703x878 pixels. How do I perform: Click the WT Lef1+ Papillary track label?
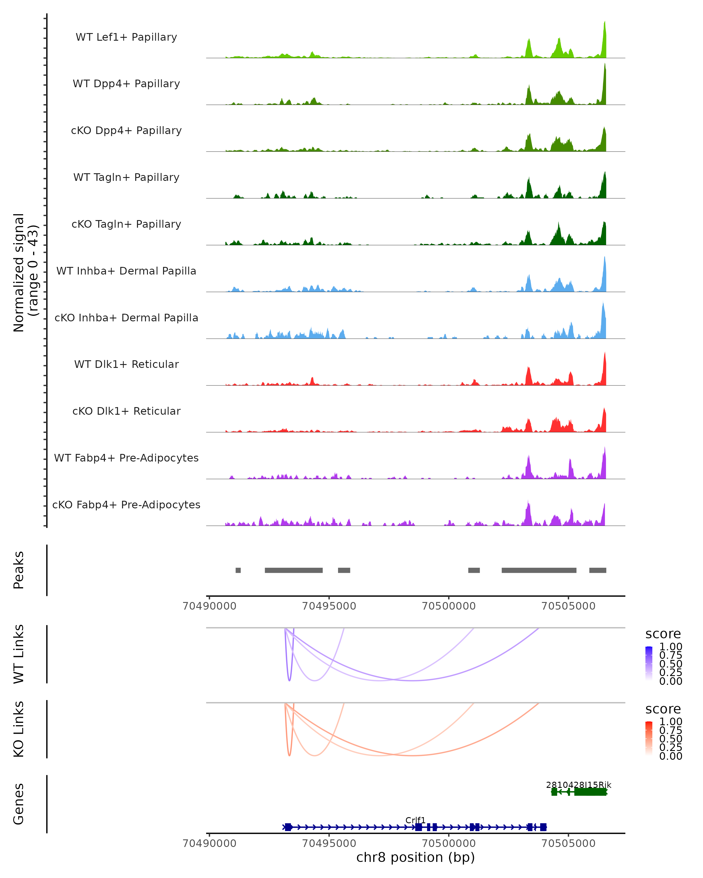[126, 37]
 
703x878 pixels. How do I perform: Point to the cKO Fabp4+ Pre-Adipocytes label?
[126, 505]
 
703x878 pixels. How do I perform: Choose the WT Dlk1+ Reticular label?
[126, 364]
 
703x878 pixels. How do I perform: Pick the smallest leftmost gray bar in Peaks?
[238, 570]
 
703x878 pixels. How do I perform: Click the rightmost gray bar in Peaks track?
[598, 570]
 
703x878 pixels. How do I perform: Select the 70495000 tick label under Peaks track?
[329, 606]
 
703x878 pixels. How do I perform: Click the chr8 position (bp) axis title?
[415, 858]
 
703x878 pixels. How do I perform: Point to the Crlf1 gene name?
[415, 820]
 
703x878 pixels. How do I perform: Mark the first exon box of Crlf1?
[288, 827]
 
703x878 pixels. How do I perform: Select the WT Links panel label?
[19, 654]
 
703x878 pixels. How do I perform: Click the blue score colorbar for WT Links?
[649, 663]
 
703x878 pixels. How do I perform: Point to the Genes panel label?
[19, 804]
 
